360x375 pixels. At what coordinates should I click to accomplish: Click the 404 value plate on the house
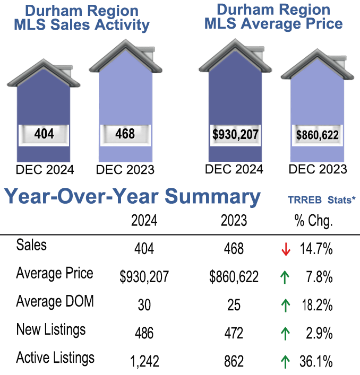tap(44, 134)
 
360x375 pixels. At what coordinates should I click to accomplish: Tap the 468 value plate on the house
tap(125, 134)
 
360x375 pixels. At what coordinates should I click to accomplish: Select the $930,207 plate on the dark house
tap(235, 135)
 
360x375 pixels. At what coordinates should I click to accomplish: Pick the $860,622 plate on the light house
tap(317, 135)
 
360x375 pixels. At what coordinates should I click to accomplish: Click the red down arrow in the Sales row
tap(286, 249)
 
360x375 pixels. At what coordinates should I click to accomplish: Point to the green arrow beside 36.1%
tap(286, 362)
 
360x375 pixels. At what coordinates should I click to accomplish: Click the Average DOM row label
tap(55, 302)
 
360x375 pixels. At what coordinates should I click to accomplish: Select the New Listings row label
tap(51, 329)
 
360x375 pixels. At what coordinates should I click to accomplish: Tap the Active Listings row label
tap(56, 357)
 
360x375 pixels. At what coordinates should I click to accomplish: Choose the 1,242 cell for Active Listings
tap(144, 362)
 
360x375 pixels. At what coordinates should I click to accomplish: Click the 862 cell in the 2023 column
tap(234, 362)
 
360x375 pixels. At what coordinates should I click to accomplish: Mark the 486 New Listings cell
tap(144, 334)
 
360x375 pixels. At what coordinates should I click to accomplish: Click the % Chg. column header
tap(313, 221)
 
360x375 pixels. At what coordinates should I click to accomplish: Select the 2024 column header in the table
tap(144, 221)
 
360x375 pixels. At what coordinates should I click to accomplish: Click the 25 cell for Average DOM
tap(234, 306)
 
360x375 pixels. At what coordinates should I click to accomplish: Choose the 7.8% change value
tap(321, 277)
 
